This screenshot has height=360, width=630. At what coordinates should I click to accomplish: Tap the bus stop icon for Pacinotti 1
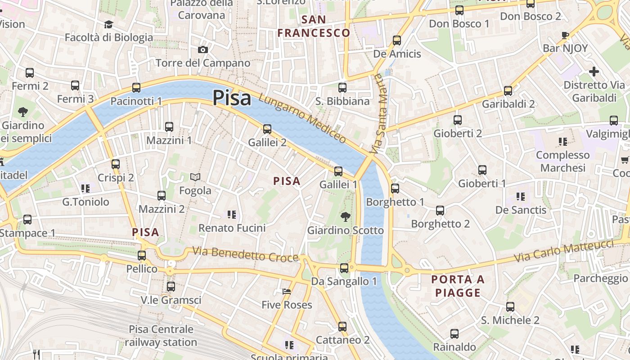coord(136,88)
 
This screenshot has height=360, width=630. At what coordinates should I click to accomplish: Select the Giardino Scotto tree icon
coord(345,217)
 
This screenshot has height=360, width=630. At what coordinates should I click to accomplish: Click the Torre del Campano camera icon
coord(203,49)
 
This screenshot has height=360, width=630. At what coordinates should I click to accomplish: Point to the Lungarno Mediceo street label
coord(302,118)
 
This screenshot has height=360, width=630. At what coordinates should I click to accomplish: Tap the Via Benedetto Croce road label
coord(246,254)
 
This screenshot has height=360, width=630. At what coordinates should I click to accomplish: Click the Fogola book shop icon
coord(195,177)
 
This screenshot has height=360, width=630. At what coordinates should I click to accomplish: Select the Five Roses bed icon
coord(287,292)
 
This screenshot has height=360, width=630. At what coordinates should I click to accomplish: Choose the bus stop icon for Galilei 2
coord(267,129)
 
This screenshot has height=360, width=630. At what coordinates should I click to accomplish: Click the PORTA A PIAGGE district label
coord(458,286)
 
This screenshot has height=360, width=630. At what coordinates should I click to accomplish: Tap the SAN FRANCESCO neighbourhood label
coord(314,26)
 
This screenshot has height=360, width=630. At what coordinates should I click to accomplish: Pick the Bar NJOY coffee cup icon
coord(565,35)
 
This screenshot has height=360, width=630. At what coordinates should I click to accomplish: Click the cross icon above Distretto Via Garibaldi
coord(594,72)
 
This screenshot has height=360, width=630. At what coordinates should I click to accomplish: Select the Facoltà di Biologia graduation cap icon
coord(108,24)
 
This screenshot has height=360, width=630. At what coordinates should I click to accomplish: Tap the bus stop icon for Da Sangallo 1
coord(344,268)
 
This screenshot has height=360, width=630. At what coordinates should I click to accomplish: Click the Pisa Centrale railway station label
coord(161,336)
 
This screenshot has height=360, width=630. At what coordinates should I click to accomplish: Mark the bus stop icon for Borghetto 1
coord(395,189)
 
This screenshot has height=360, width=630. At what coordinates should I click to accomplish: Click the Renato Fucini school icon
coord(232,215)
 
